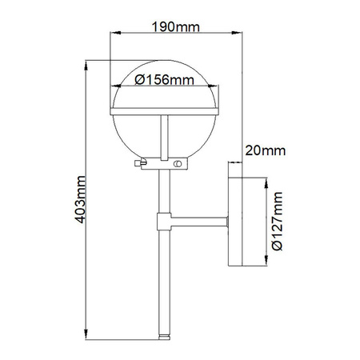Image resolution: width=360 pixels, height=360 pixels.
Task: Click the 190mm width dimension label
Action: click(176, 25)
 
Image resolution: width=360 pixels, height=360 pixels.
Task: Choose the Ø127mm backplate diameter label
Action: click(276, 223)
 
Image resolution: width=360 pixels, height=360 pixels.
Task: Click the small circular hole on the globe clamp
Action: click(174, 164)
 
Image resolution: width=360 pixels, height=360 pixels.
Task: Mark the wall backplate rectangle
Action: click(236, 222)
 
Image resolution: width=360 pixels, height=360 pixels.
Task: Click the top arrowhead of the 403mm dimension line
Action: click(86, 63)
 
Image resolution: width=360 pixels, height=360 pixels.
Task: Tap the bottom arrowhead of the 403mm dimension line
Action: click(86, 334)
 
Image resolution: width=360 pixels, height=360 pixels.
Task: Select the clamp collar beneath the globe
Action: click(166, 164)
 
